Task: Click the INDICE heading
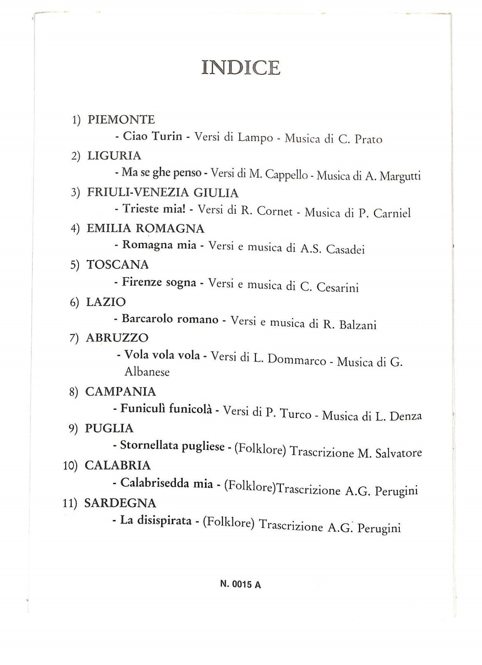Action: pos(241,68)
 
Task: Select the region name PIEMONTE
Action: pos(121,120)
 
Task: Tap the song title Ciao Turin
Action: pos(152,136)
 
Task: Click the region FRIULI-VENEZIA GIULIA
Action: pos(162,192)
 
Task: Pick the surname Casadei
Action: pos(345,249)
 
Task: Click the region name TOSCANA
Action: pos(118,265)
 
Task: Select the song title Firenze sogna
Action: pos(159,283)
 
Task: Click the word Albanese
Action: pos(147,372)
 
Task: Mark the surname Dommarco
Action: pos(297,360)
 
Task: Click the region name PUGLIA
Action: pos(109,429)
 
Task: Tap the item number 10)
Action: pos(70,466)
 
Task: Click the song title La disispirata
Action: pos(155,520)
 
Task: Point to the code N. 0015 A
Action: pos(241,584)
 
